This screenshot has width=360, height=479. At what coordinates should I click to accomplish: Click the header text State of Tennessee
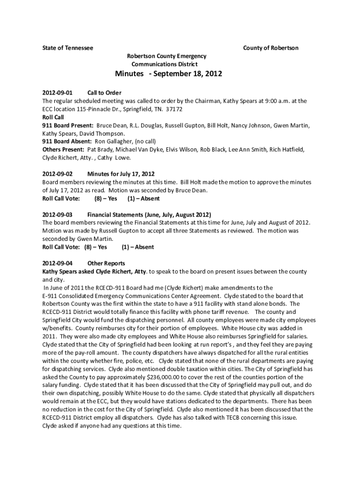[68, 48]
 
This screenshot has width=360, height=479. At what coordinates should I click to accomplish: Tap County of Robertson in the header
[271, 48]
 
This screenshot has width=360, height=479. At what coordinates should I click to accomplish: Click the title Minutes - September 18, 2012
[169, 74]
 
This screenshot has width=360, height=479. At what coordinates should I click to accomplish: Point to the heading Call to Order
[104, 93]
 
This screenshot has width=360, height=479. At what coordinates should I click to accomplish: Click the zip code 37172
[173, 109]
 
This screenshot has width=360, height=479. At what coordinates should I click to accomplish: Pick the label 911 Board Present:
[68, 125]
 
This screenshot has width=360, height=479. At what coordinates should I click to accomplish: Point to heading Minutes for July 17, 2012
[121, 174]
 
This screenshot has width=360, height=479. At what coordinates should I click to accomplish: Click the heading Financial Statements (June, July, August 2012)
[149, 215]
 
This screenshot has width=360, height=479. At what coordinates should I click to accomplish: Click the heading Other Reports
[106, 263]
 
